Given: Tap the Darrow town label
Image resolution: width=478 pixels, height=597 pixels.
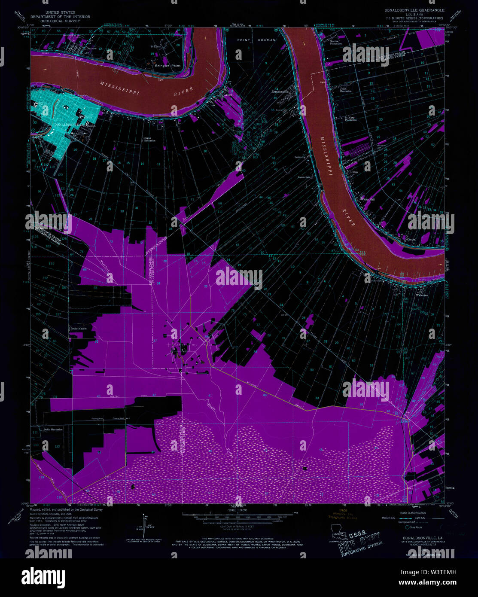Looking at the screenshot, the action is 91,49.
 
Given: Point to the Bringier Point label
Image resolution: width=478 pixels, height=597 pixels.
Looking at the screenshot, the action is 168,66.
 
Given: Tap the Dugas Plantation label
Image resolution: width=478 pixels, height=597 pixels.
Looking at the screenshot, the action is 149,139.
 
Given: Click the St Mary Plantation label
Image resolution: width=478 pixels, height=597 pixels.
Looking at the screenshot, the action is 350,119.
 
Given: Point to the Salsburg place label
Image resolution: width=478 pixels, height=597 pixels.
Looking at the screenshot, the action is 300,157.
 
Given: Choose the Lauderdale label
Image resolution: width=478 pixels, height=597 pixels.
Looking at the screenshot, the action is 304,177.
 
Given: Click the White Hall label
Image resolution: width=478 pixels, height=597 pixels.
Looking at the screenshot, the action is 368,199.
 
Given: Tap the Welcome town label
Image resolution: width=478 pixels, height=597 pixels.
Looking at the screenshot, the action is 422,295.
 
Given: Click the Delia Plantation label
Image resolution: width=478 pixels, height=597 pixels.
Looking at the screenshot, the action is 53,429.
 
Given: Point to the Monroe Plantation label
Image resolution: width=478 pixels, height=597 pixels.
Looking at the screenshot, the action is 336,43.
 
